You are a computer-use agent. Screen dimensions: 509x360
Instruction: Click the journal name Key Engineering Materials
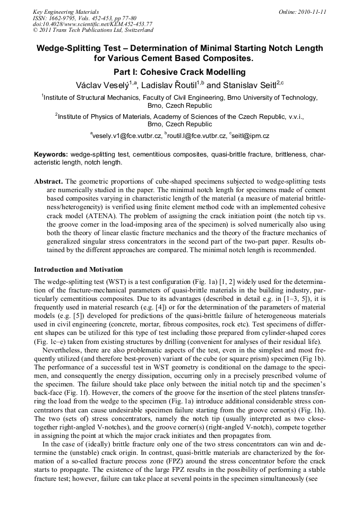pos(66,12)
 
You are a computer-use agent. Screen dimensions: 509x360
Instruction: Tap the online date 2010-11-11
pos(310,12)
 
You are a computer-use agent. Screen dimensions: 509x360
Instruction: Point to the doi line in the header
pos(92,24)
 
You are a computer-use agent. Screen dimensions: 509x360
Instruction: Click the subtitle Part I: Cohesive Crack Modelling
pos(179,72)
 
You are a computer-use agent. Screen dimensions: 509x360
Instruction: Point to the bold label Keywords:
pos(52,154)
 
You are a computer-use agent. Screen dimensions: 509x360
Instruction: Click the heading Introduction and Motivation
pos(78,270)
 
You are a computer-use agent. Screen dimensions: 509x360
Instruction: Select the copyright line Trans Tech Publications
pos(93,30)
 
